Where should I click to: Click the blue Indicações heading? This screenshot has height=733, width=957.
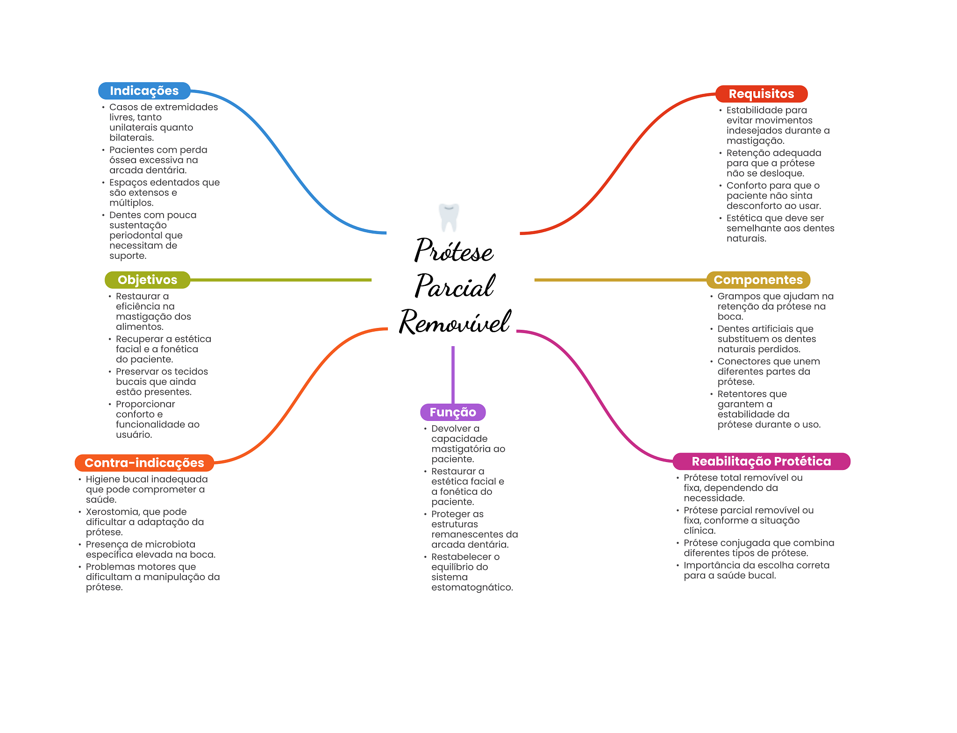pyautogui.click(x=144, y=91)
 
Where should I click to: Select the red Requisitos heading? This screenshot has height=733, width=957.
pyautogui.click(x=761, y=93)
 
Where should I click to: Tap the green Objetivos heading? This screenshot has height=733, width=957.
pyautogui.click(x=147, y=280)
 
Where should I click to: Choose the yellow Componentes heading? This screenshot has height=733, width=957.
pyautogui.click(x=758, y=280)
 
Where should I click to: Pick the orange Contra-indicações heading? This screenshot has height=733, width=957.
pyautogui.click(x=144, y=463)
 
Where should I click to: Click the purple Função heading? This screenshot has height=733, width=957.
pyautogui.click(x=453, y=412)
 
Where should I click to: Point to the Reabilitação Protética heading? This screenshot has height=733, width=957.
pyautogui.click(x=761, y=461)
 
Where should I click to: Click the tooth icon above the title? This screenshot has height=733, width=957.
pyautogui.click(x=449, y=217)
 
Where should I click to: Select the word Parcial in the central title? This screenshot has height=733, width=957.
pyautogui.click(x=455, y=286)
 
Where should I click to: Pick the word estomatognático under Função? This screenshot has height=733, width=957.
pyautogui.click(x=471, y=587)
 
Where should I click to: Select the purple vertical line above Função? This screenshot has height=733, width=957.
pyautogui.click(x=453, y=374)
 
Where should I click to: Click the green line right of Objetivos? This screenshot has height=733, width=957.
pyautogui.click(x=280, y=280)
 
